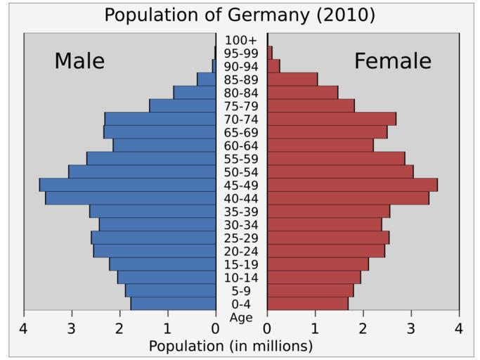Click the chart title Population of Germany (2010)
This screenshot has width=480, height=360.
[240, 15]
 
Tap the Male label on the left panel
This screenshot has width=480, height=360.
[79, 61]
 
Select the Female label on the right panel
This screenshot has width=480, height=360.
[393, 61]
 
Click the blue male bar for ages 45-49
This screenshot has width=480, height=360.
[127, 185]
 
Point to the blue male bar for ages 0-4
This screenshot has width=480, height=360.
[173, 304]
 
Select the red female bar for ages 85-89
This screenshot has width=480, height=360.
[292, 79]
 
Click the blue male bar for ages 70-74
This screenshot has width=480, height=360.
[160, 119]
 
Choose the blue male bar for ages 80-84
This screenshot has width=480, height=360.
[195, 93]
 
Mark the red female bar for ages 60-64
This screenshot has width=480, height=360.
[320, 146]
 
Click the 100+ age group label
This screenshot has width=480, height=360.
[241, 40]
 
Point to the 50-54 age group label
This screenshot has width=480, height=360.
[241, 172]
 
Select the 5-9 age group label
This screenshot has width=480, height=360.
[241, 291]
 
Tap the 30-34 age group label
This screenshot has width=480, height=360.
[241, 225]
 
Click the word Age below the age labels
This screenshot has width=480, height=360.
[241, 317]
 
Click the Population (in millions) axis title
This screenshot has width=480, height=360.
[231, 346]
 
